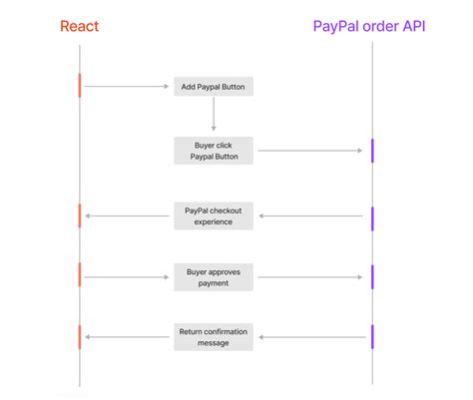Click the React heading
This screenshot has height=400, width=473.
tap(79, 26)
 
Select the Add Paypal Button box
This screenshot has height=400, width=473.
tap(214, 87)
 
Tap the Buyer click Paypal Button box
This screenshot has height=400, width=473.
tap(214, 151)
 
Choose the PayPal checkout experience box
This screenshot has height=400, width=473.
tap(214, 215)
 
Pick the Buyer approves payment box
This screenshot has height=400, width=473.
tap(214, 276)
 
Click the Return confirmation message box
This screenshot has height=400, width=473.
tap(214, 337)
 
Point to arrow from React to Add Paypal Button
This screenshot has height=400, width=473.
tap(127, 87)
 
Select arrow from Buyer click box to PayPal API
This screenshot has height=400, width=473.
tap(308, 151)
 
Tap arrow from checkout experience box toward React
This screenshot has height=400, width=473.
tap(129, 215)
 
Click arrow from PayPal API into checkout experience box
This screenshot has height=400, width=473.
tap(308, 215)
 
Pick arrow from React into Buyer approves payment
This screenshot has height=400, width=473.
tap(127, 276)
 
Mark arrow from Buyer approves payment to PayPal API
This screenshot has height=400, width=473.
tap(308, 276)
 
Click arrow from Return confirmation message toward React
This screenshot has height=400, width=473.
tap(129, 337)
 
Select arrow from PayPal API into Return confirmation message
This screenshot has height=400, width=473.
tap(308, 337)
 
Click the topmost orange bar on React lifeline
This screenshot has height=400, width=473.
tap(80, 86)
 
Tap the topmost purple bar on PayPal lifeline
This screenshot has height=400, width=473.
tap(372, 151)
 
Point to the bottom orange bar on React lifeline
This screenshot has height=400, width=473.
tap(80, 336)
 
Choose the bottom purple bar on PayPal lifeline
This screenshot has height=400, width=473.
tap(372, 336)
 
